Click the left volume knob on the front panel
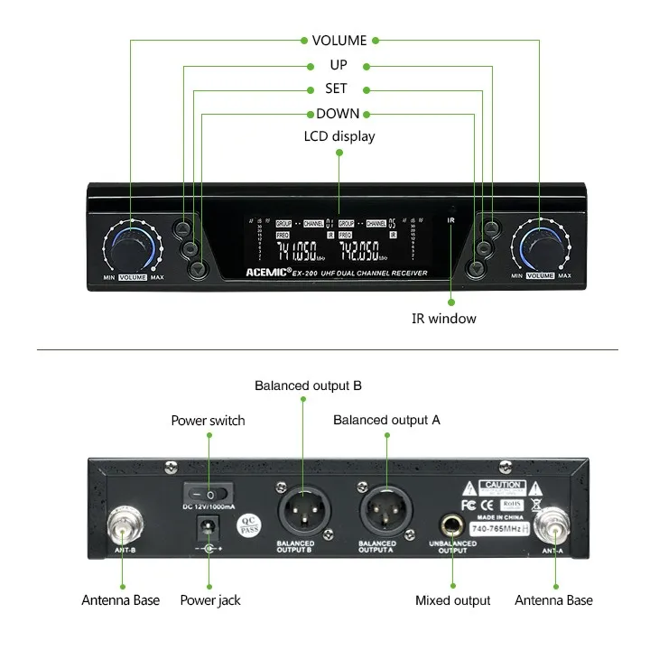(x=132, y=246)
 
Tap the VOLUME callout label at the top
(x=339, y=41)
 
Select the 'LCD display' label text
(x=339, y=136)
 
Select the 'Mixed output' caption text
(x=452, y=600)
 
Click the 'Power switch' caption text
(x=208, y=421)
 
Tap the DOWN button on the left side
(x=198, y=267)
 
